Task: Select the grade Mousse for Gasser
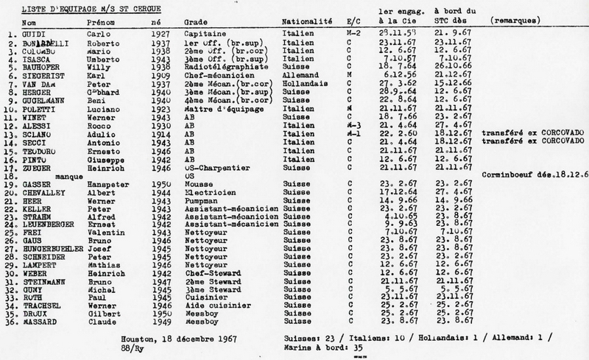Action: tap(195, 185)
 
